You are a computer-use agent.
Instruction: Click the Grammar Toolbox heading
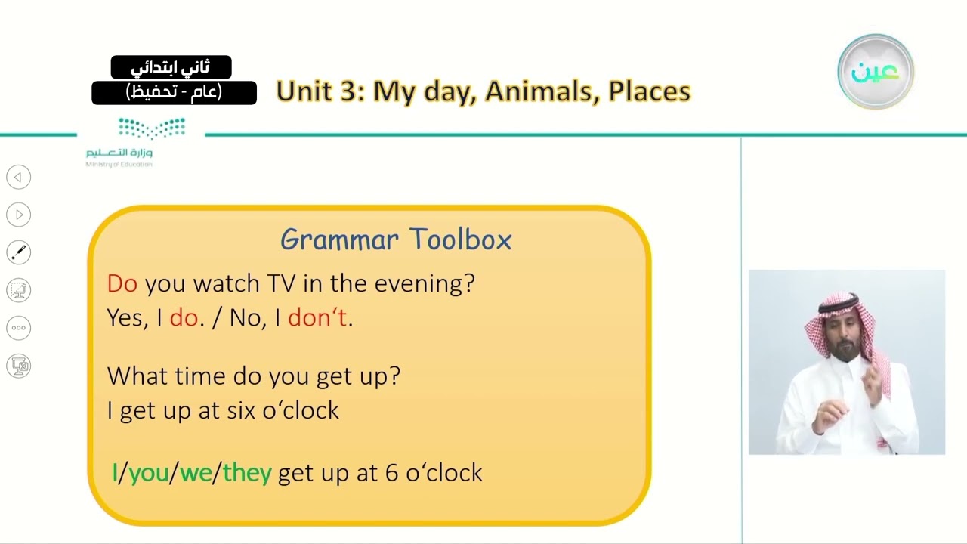396,240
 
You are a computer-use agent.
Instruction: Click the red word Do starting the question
122,283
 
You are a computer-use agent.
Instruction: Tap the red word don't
317,317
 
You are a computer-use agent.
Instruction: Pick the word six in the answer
241,410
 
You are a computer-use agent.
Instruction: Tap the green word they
247,473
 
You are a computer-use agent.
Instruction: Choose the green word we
196,473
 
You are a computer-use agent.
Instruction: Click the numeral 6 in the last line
391,473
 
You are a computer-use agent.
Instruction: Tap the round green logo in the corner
876,72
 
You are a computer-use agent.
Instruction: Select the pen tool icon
19,252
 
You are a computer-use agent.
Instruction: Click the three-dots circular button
19,328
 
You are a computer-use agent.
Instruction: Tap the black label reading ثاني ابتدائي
171,67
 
